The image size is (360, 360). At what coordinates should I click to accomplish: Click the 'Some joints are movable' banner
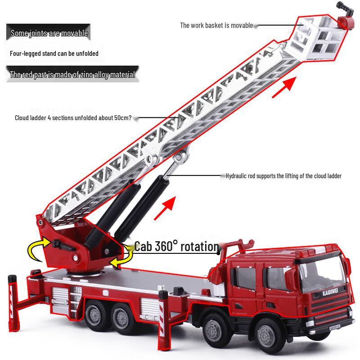49,33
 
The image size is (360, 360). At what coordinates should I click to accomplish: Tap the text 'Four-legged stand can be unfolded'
54,54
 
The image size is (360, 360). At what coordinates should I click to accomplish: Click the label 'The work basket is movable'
216,26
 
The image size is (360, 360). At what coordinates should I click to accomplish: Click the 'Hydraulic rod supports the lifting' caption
283,176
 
